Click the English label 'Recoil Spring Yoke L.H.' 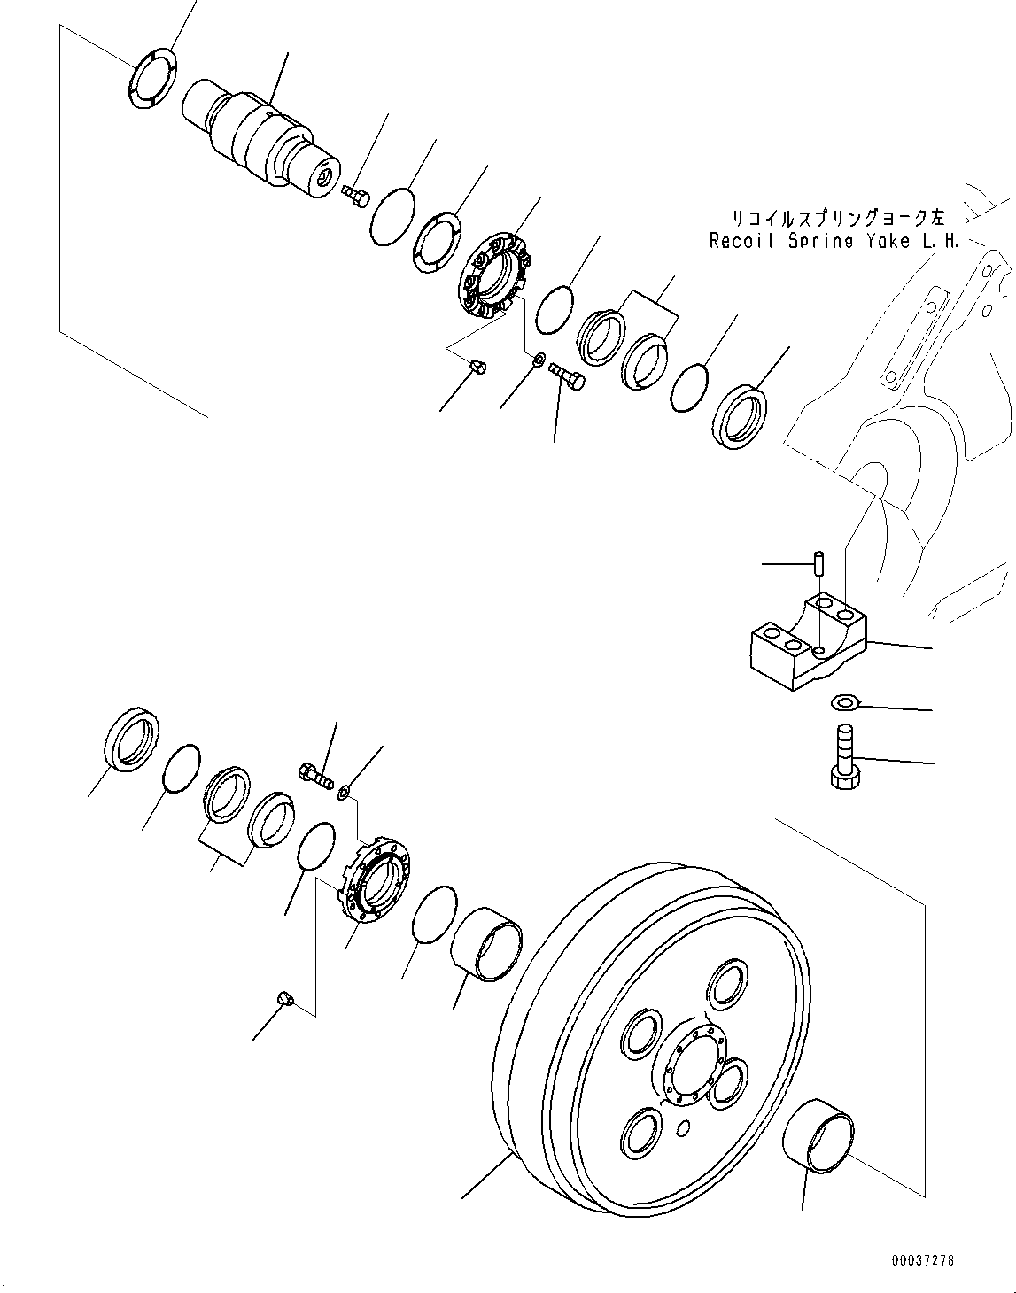coord(834,241)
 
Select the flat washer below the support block coord(843,703)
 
